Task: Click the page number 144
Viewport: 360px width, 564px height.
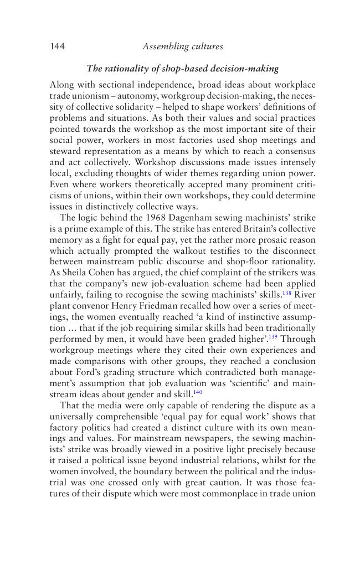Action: click(57, 47)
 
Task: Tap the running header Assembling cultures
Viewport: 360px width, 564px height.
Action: click(183, 47)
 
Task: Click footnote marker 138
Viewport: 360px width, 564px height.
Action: click(287, 292)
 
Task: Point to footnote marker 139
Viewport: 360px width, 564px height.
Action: click(273, 336)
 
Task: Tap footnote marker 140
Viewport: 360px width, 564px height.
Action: click(198, 392)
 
